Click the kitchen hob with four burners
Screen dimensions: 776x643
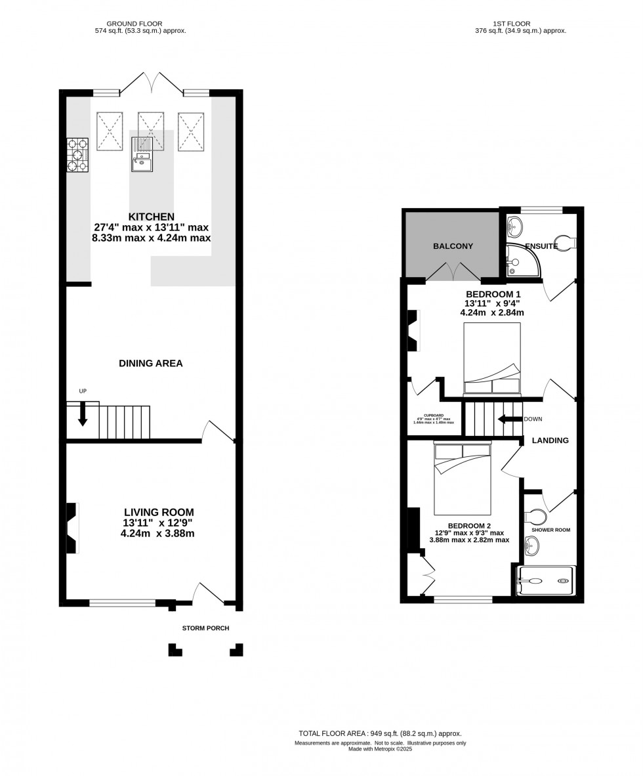(x=77, y=156)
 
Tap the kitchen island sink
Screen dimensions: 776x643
(x=142, y=161)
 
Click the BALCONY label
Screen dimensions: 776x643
(x=453, y=246)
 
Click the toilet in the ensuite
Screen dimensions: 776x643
(x=564, y=242)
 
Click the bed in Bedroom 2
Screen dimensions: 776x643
(x=462, y=479)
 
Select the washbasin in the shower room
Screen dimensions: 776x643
(x=532, y=544)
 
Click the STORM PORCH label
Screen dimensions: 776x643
(x=205, y=628)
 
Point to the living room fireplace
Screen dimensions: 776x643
(x=72, y=528)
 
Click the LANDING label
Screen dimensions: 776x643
(x=550, y=441)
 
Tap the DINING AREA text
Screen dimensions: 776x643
(x=151, y=363)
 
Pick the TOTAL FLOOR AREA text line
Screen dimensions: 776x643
(x=380, y=733)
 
